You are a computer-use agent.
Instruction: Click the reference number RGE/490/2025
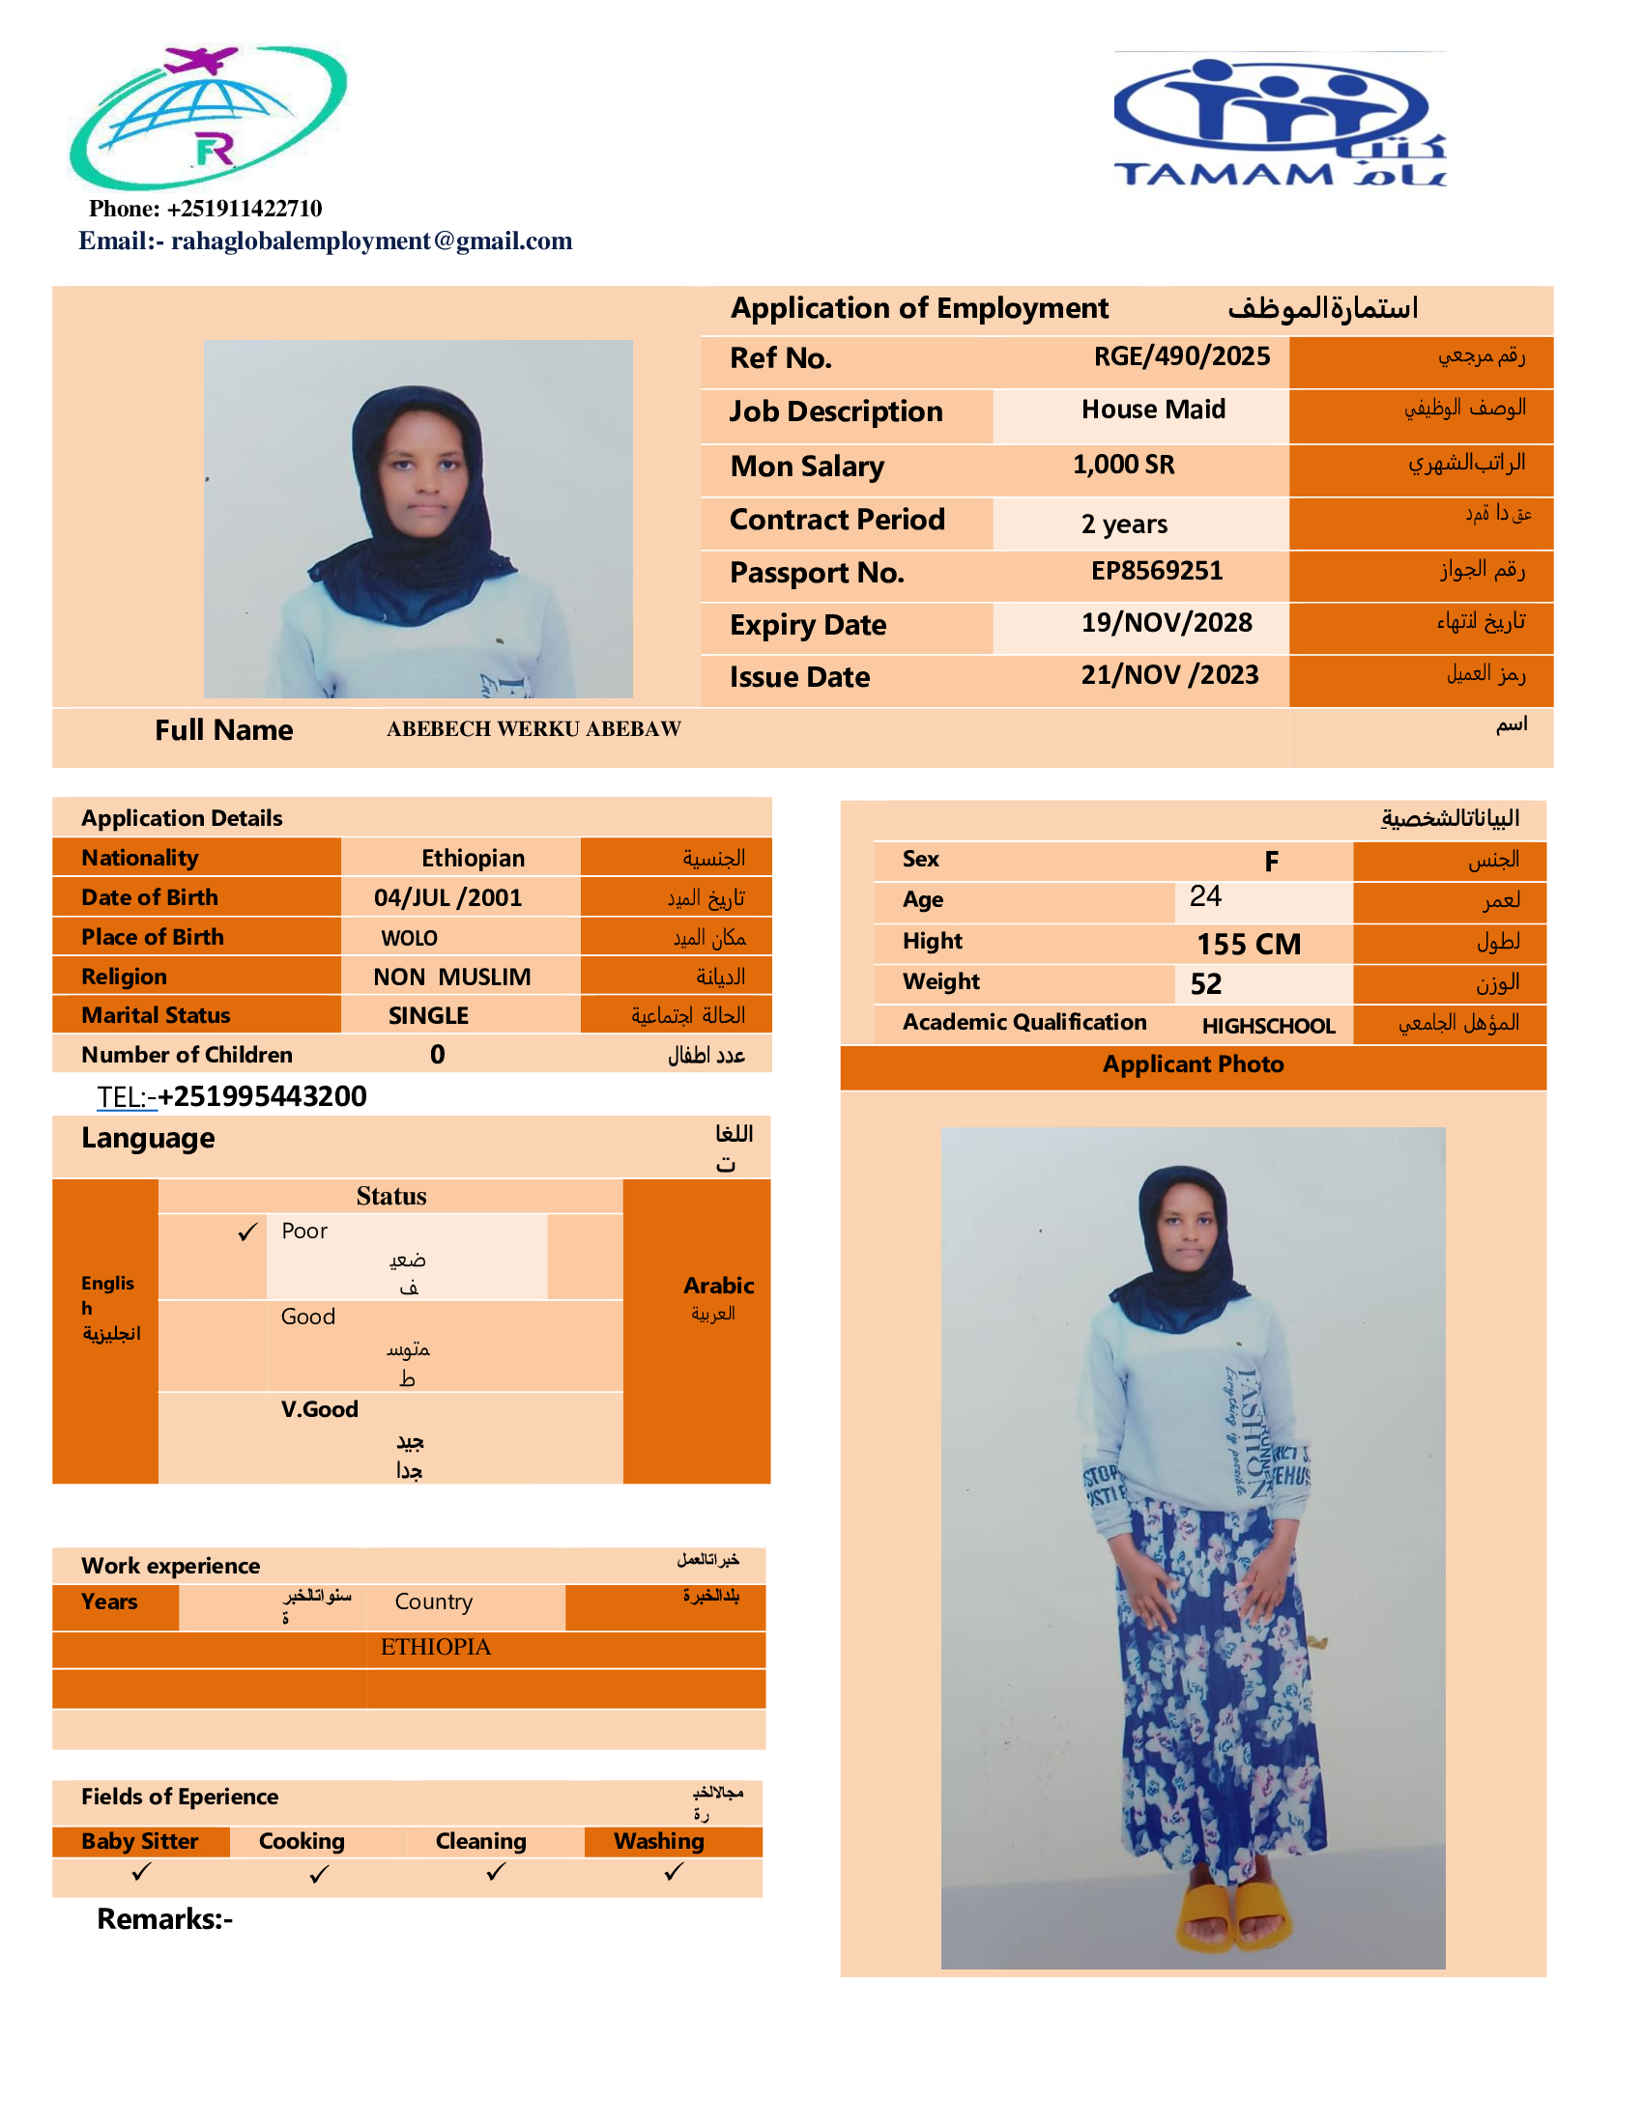pos(1181,356)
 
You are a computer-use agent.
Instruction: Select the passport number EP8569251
pos(1156,570)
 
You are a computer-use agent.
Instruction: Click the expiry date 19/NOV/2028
pos(1167,623)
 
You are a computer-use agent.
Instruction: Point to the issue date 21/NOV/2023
pos(1169,675)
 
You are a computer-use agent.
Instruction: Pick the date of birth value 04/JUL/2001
pos(447,897)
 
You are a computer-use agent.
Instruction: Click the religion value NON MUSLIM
pos(451,977)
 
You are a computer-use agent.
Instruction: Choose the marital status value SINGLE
pos(428,1016)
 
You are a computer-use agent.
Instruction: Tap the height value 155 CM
pos(1248,944)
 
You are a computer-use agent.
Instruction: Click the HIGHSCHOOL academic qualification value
pos(1267,1026)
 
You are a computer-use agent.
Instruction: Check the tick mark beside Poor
pos(248,1232)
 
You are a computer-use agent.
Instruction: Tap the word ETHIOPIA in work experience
pos(435,1647)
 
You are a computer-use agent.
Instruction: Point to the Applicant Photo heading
pos(1193,1064)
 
